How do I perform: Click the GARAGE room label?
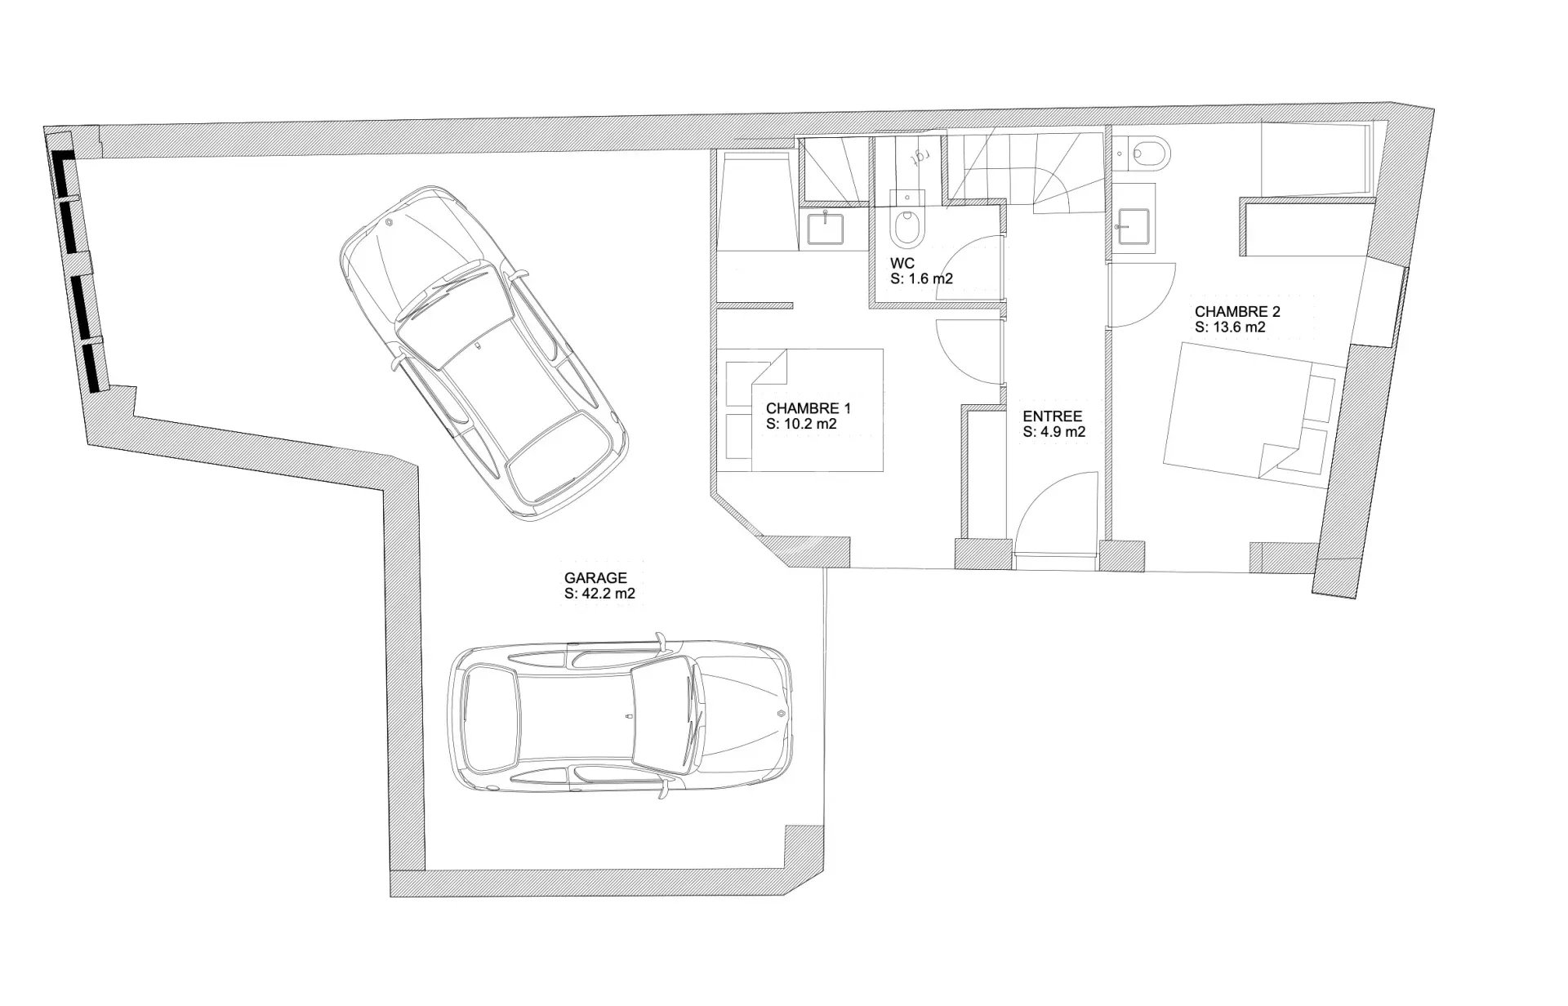point(595,578)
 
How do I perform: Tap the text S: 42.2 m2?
point(599,594)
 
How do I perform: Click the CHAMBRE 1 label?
point(808,408)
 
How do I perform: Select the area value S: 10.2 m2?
point(801,425)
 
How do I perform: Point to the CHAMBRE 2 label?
point(1237,311)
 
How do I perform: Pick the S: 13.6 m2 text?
point(1230,327)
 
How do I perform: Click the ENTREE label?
point(1053,416)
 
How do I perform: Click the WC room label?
point(902,263)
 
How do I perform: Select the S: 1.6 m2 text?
point(922,279)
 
